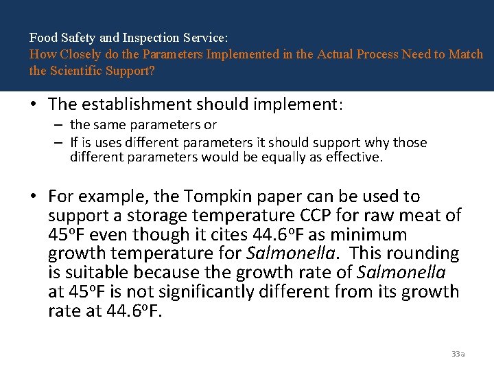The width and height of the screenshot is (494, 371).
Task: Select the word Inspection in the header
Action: click(123, 38)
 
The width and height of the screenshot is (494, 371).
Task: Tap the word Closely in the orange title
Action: click(76, 54)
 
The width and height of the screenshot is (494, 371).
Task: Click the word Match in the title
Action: click(466, 54)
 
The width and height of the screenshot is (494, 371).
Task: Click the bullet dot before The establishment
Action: click(34, 105)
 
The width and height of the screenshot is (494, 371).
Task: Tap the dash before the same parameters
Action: click(60, 125)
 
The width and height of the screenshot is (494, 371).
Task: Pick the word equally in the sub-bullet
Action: click(298, 157)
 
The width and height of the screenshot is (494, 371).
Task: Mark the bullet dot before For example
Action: click(34, 197)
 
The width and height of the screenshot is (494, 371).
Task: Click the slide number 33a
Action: click(458, 354)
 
